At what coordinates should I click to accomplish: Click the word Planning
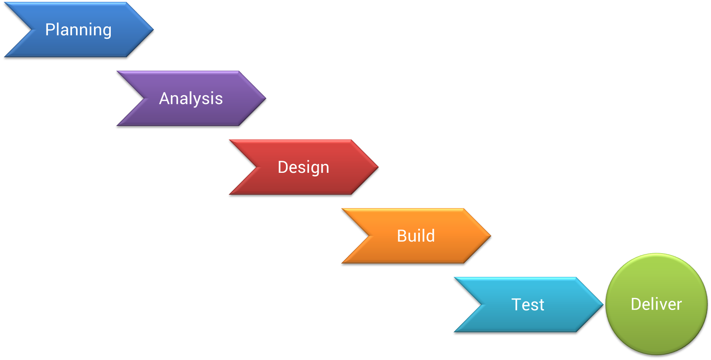78,30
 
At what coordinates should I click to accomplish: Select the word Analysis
191,99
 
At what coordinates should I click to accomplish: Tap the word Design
304,167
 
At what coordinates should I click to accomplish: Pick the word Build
416,236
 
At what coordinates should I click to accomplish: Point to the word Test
528,305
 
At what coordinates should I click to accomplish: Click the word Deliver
656,304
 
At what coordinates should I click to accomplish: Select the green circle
656,328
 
